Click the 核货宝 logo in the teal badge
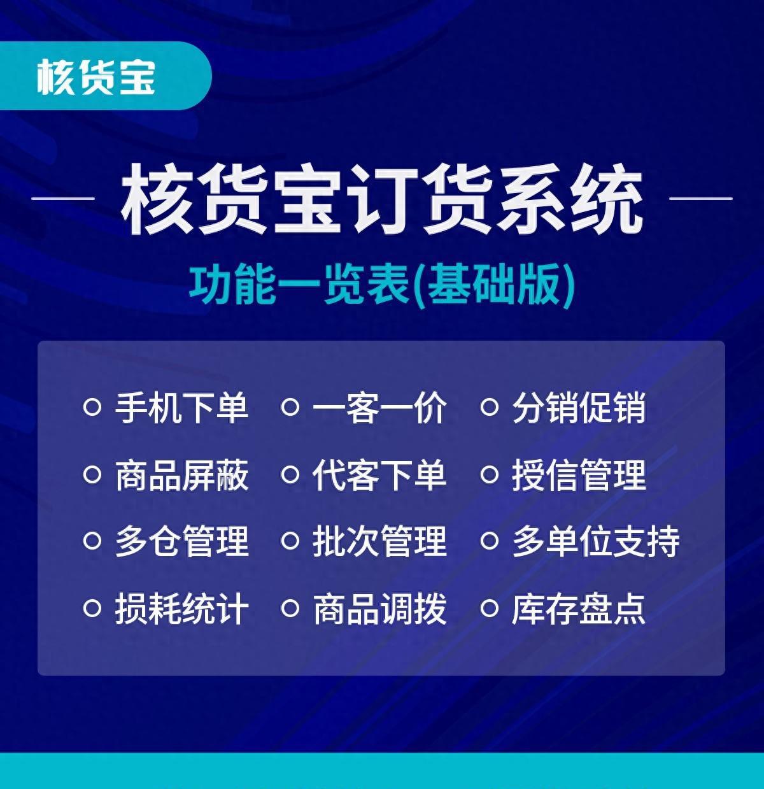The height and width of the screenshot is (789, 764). [x=95, y=77]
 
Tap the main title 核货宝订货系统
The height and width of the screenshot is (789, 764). [x=382, y=199]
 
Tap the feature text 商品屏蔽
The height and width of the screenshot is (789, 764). [x=181, y=475]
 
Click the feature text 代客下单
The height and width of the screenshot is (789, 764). [x=379, y=475]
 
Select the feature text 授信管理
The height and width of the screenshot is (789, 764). [x=579, y=475]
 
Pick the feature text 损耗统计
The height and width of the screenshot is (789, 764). [x=181, y=608]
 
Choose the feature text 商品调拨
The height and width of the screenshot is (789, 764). [x=379, y=608]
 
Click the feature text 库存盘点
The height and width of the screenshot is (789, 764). [x=579, y=608]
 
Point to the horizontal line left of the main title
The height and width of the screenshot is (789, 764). [x=63, y=199]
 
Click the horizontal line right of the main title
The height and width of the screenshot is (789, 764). [x=701, y=199]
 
